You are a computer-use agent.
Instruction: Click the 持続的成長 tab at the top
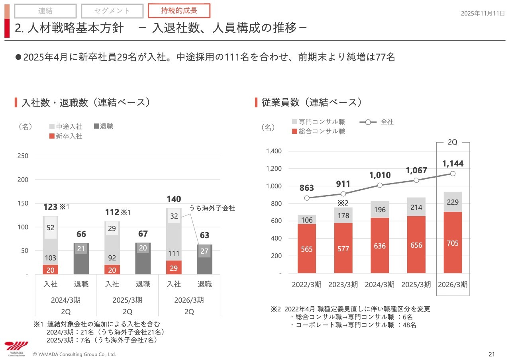(179, 10)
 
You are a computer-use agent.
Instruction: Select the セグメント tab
(112, 11)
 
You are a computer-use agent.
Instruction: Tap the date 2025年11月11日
(483, 13)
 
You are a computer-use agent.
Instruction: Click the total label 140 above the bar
(174, 199)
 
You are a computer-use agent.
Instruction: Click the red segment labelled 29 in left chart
(174, 268)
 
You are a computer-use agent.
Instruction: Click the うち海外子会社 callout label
(212, 208)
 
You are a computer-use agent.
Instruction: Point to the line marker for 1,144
(453, 173)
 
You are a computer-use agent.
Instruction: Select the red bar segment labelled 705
(453, 243)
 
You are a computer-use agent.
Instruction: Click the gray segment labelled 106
(306, 219)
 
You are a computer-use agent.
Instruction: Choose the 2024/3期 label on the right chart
(379, 284)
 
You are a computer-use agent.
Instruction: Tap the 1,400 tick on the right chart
(274, 151)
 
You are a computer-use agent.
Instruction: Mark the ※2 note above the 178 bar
(343, 203)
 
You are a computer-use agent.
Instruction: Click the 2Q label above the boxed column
(453, 142)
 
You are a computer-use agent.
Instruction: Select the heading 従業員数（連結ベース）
(311, 102)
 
